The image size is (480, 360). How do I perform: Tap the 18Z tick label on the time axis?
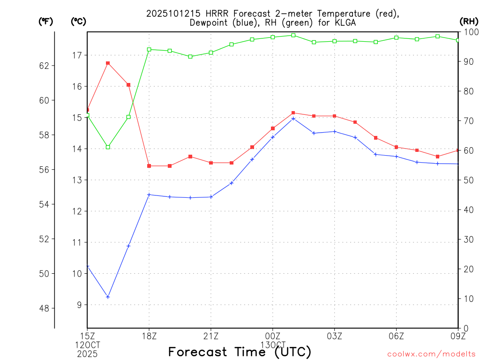click(x=149, y=336)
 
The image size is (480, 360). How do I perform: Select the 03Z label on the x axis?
click(x=334, y=336)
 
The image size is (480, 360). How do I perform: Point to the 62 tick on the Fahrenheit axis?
click(x=44, y=66)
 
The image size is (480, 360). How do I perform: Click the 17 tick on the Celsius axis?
click(x=77, y=55)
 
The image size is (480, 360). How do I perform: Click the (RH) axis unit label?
click(x=469, y=21)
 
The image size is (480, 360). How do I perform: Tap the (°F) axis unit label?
click(x=45, y=21)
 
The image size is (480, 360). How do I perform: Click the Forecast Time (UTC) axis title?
click(x=240, y=352)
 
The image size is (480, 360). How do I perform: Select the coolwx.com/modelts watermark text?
click(x=431, y=354)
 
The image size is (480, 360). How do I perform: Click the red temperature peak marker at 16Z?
click(x=108, y=63)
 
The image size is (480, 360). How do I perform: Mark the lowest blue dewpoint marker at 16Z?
click(x=108, y=297)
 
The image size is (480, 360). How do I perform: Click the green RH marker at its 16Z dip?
click(x=108, y=147)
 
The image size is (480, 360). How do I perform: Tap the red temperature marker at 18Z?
click(x=149, y=166)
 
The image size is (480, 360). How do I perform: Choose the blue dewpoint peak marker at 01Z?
click(x=293, y=119)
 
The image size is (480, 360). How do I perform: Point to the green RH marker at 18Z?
click(x=149, y=49)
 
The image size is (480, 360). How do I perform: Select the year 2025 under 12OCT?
click(x=87, y=353)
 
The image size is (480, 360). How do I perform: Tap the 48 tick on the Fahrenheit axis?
click(x=44, y=308)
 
